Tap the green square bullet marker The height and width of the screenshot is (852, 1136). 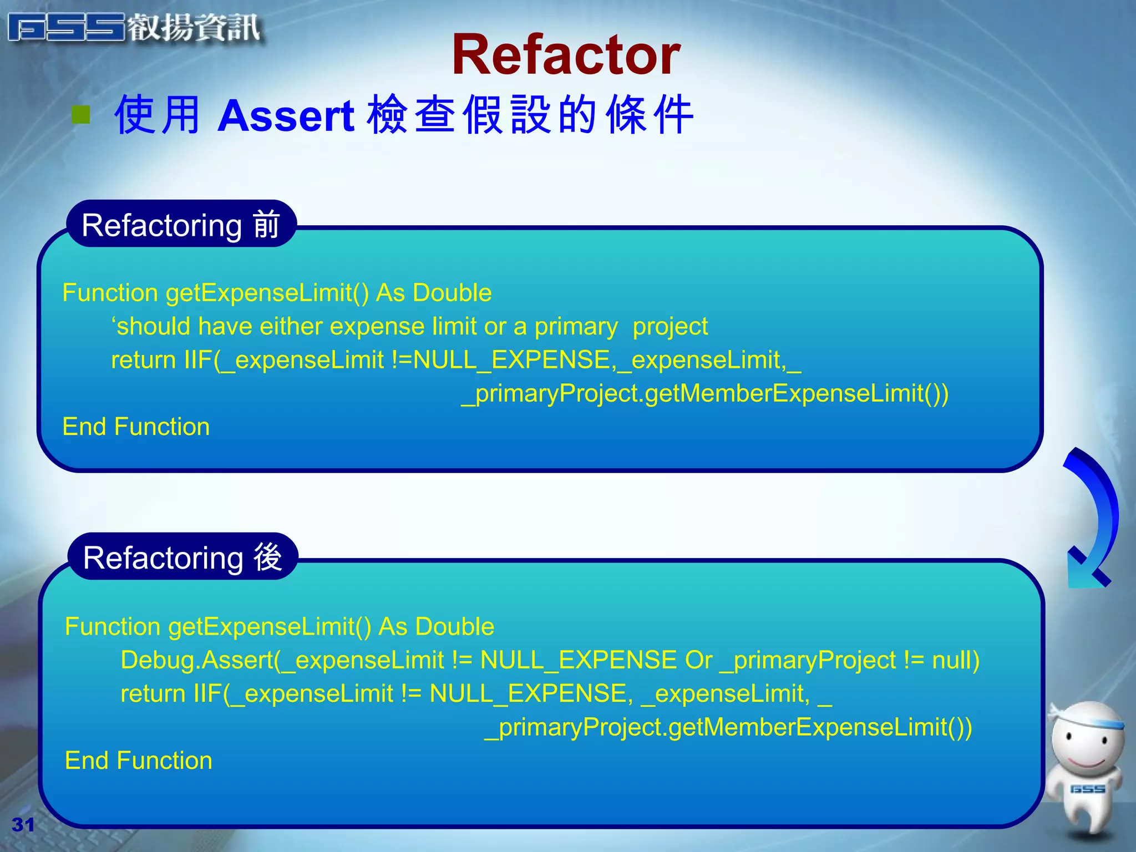(x=81, y=115)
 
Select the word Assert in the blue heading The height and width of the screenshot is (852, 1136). (x=286, y=116)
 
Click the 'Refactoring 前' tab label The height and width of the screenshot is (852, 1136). (x=181, y=225)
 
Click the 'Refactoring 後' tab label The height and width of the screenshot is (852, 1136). (x=182, y=557)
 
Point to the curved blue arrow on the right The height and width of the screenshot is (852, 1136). (x=1096, y=516)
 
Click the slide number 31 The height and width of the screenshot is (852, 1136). (x=23, y=825)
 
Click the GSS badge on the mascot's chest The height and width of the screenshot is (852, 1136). (x=1087, y=789)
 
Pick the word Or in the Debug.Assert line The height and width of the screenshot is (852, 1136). (x=698, y=660)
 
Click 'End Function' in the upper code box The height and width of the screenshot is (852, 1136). (x=136, y=427)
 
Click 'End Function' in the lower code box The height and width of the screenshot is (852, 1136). (x=138, y=760)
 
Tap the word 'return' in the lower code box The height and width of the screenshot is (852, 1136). (x=153, y=694)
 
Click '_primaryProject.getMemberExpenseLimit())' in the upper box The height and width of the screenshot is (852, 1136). (x=704, y=393)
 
